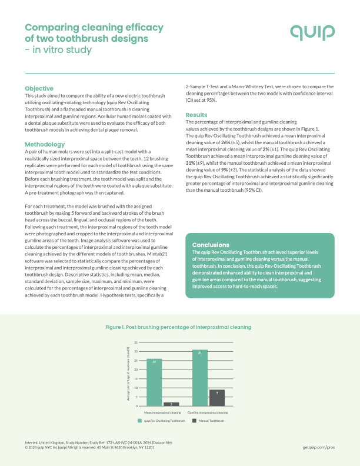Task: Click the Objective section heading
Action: click(39, 88)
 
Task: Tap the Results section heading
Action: click(196, 115)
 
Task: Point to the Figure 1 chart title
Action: click(178, 327)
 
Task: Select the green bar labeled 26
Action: click(154, 382)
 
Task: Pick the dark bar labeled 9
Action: click(217, 398)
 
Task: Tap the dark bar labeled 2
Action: click(171, 404)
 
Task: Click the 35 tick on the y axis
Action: click(136, 342)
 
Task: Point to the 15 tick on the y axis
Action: click(136, 379)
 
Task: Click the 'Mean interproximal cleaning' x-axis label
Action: click(162, 412)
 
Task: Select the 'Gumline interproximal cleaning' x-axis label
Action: click(208, 412)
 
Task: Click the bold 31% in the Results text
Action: click(191, 162)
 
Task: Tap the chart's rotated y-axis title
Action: click(128, 374)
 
